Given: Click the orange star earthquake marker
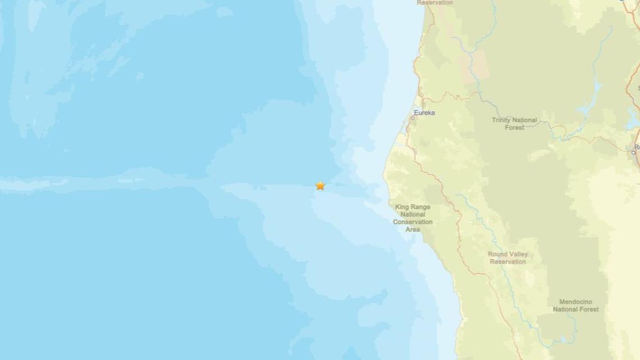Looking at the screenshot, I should (320, 185).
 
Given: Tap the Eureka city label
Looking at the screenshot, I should (424, 113).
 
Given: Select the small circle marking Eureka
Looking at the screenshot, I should (414, 118).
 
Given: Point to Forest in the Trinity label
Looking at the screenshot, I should (514, 127).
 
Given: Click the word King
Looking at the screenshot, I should (401, 207).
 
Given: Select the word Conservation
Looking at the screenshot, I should (413, 222).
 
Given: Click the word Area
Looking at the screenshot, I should (413, 229).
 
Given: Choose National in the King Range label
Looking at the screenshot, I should (413, 215).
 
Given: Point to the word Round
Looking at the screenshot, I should (497, 254).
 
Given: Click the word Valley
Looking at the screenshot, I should (518, 254).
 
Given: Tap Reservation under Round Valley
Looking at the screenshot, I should (508, 262).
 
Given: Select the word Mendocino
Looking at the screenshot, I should (575, 302).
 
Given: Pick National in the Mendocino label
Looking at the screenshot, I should (565, 309).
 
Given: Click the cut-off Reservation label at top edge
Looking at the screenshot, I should (435, 3).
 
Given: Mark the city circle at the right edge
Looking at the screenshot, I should (634, 152).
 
